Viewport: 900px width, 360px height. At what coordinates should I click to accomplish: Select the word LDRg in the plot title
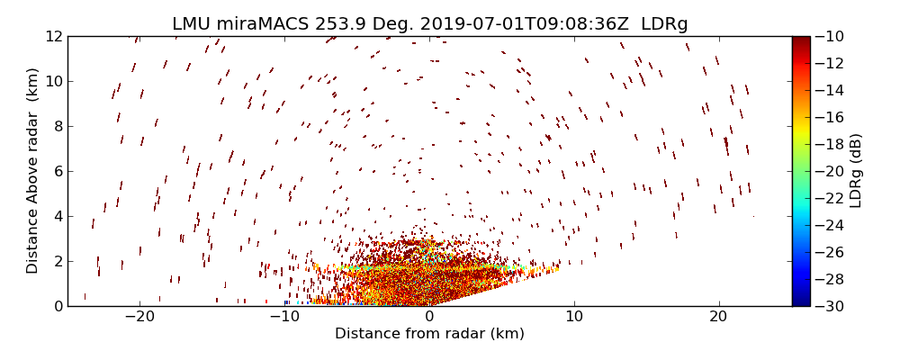coord(664,24)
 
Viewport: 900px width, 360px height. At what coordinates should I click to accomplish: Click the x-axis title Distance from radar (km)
coord(429,334)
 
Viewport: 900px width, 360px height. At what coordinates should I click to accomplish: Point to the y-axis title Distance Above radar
coord(33,170)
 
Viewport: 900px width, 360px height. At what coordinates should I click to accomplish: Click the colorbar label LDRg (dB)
coord(856,170)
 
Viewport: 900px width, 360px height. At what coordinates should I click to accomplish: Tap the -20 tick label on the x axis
coord(139,317)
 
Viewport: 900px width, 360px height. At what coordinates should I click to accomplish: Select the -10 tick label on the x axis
coord(284,317)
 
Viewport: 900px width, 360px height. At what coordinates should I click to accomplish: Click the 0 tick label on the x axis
coord(429,317)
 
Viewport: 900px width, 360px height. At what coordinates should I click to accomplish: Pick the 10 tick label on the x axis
coord(574,317)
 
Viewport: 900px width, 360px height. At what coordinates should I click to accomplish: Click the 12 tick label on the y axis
coord(53,36)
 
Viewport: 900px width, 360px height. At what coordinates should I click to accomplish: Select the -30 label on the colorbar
coord(830,306)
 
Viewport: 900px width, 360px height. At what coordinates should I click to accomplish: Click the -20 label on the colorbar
coord(830,171)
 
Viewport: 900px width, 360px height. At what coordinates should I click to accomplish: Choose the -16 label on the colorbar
coord(830,117)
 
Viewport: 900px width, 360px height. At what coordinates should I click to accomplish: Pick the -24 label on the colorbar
coord(830,225)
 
